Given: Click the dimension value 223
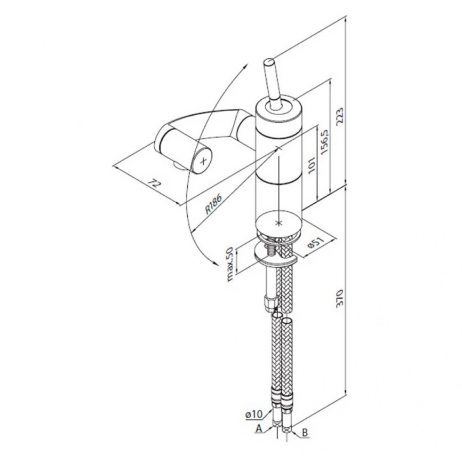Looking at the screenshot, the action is click(x=339, y=116).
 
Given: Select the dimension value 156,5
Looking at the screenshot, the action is click(x=324, y=141).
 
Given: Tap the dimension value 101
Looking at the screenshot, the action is click(x=312, y=165).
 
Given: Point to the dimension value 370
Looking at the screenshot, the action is click(x=339, y=298).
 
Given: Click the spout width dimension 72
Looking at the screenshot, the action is click(x=154, y=184).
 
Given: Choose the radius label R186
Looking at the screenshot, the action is click(x=213, y=204).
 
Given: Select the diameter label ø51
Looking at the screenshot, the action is click(x=316, y=243).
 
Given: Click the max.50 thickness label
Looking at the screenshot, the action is click(x=230, y=264).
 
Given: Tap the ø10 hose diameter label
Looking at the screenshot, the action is click(x=254, y=414).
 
